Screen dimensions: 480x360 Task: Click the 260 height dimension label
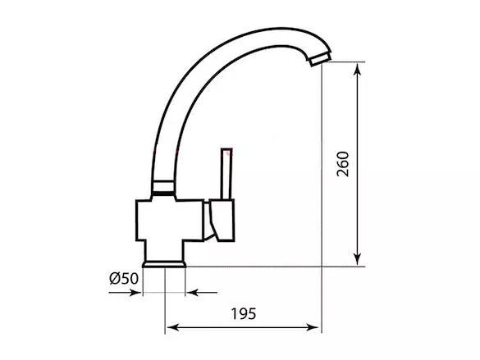343,164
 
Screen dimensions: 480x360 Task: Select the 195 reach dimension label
244,314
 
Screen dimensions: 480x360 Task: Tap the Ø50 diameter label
124,279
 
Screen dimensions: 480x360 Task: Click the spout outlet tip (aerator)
321,59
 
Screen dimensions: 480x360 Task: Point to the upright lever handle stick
226,174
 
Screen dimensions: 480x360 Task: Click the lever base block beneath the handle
222,221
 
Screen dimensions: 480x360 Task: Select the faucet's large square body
170,221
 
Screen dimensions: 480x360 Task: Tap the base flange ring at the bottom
164,264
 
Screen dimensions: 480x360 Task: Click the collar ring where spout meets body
163,187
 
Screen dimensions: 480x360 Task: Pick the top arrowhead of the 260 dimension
357,70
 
